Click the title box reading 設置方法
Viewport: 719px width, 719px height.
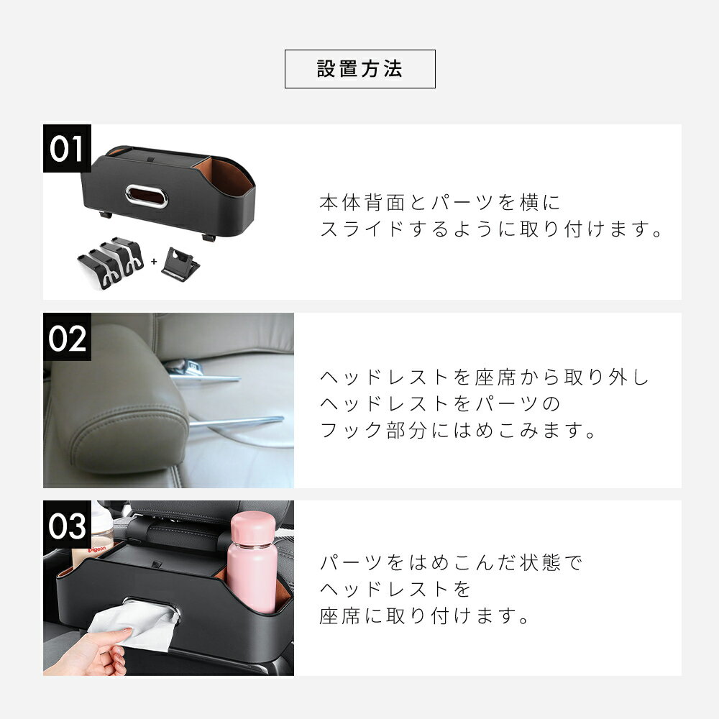click(x=360, y=69)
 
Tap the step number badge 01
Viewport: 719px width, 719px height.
click(x=67, y=149)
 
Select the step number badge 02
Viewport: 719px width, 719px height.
click(x=67, y=337)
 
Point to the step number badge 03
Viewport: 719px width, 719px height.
click(x=67, y=525)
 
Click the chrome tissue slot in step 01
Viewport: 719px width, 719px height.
click(x=147, y=196)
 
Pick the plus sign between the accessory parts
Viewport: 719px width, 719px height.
click(x=154, y=262)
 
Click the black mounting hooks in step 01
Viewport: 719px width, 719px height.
click(x=111, y=262)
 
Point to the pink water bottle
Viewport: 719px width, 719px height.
click(x=252, y=563)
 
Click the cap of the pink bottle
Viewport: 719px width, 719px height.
click(x=252, y=527)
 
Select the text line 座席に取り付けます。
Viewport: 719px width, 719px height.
click(x=425, y=616)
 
